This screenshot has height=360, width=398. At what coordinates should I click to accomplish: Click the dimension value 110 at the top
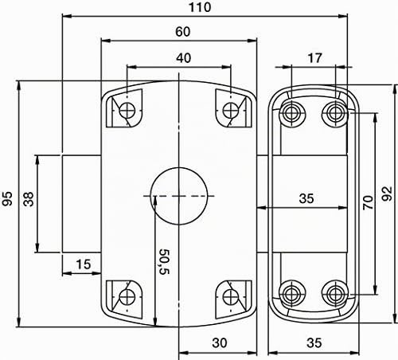[x=200, y=7]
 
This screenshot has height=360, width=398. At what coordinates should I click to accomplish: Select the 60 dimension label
[x=183, y=32]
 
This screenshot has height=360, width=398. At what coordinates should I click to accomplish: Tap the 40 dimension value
[x=183, y=58]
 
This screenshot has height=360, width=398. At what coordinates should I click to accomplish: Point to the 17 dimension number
[x=314, y=58]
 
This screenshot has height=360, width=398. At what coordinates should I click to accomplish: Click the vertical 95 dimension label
[x=7, y=198]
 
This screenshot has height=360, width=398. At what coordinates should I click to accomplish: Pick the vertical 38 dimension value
[x=29, y=199]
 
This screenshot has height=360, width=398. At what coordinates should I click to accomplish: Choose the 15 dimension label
[x=84, y=264]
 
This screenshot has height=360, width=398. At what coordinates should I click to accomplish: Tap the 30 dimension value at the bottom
[x=220, y=343]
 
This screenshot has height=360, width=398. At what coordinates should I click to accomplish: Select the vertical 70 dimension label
[x=368, y=202]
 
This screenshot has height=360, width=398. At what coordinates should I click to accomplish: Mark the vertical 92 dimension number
[x=387, y=194]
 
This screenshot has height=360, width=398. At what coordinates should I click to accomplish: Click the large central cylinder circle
[x=179, y=196]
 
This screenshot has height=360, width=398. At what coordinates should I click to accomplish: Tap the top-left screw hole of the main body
[x=127, y=110]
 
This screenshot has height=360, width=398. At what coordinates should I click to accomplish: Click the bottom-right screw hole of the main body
[x=231, y=297]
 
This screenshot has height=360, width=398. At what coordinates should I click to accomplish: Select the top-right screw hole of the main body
[x=231, y=110]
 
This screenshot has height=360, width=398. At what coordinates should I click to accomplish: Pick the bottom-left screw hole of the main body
[x=127, y=297]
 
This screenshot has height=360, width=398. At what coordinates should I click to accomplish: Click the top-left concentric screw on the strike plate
[x=292, y=114]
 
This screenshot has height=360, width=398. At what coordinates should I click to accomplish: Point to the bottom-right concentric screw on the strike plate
[x=335, y=294]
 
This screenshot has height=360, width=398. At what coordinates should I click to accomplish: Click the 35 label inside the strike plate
[x=306, y=198]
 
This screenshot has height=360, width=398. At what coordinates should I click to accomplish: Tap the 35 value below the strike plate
[x=314, y=343]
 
